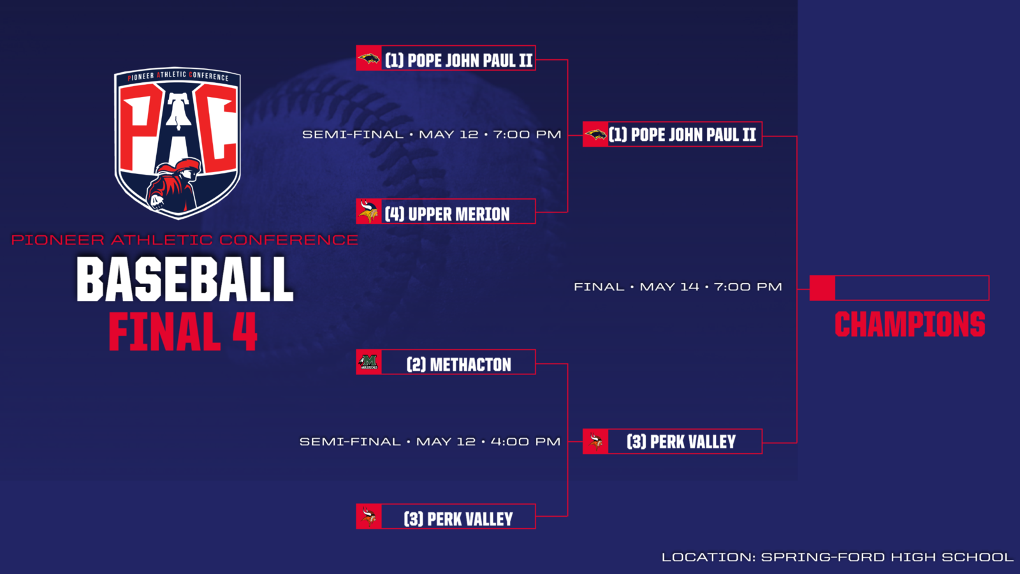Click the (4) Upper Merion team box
pyautogui.click(x=446, y=211)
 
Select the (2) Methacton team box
pyautogui.click(x=446, y=362)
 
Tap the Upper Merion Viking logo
pyautogui.click(x=368, y=211)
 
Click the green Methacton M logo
pyautogui.click(x=368, y=362)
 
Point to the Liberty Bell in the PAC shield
pyautogui.click(x=178, y=111)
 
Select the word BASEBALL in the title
pyautogui.click(x=184, y=279)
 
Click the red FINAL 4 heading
pyautogui.click(x=182, y=331)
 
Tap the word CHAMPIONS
pyautogui.click(x=910, y=325)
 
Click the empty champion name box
pyautogui.click(x=912, y=288)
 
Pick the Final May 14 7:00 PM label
pyautogui.click(x=678, y=287)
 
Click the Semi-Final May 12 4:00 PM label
pyautogui.click(x=430, y=441)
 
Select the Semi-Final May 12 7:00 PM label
pyautogui.click(x=432, y=135)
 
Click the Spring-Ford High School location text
pyautogui.click(x=838, y=557)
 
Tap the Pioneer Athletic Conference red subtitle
pyautogui.click(x=184, y=240)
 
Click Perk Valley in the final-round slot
pyautogui.click(x=673, y=441)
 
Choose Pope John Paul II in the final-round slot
pyautogui.click(x=673, y=135)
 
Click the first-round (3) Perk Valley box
pyautogui.click(x=446, y=517)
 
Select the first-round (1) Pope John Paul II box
pyautogui.click(x=446, y=58)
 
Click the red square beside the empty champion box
pyautogui.click(x=822, y=288)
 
